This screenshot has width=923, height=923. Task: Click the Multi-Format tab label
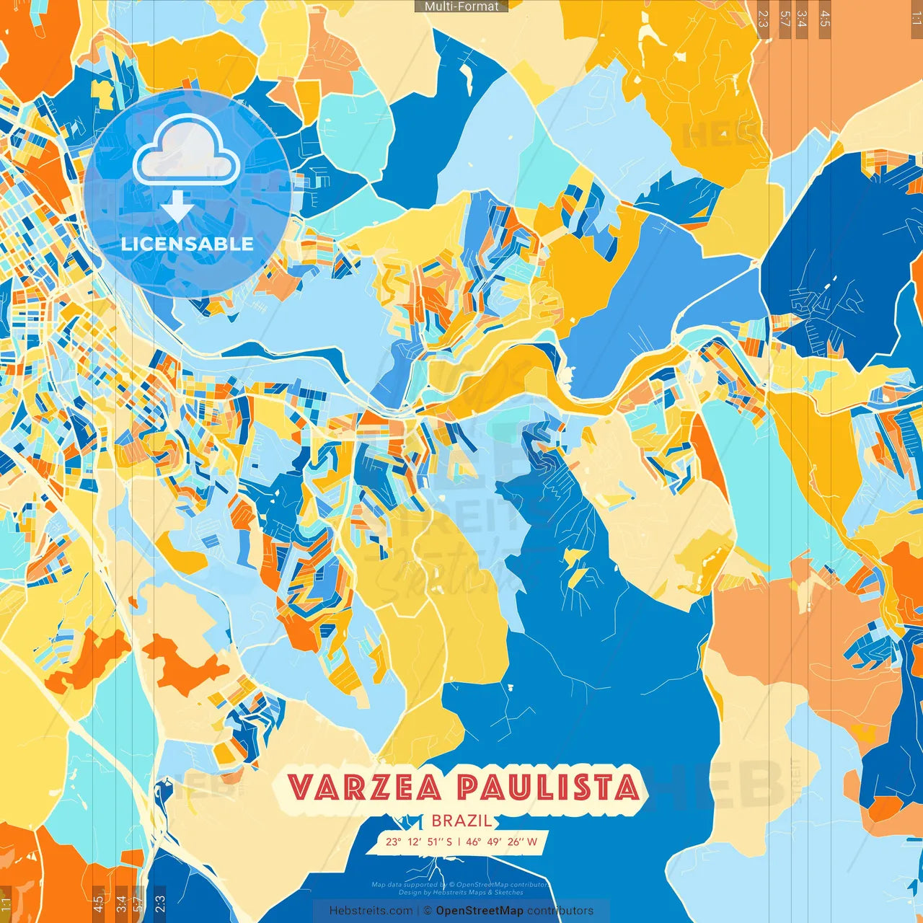[x=461, y=6]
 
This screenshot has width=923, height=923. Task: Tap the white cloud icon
[x=187, y=151]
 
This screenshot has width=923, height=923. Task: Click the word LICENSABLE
[x=187, y=244]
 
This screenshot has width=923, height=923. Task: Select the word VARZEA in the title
[x=365, y=787]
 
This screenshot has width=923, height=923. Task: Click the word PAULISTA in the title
[x=548, y=787]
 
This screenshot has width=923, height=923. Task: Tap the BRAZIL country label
[x=462, y=821]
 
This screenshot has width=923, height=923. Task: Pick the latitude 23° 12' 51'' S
[x=419, y=842]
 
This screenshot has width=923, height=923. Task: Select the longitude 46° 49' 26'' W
[x=502, y=842]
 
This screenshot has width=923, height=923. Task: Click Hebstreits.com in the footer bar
[x=371, y=911]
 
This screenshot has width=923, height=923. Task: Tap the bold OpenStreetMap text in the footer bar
[x=480, y=911]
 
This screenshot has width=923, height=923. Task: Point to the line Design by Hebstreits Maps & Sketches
[x=461, y=893]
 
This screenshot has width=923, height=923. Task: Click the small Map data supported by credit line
[x=461, y=885]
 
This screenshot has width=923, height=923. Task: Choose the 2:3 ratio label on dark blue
[x=160, y=903]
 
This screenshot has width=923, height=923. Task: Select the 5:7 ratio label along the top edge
[x=785, y=18]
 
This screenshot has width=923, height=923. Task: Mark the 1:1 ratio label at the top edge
[x=916, y=16]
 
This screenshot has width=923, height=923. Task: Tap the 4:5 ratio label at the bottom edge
[x=98, y=903]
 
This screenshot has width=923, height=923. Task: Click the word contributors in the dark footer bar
[x=560, y=911]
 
